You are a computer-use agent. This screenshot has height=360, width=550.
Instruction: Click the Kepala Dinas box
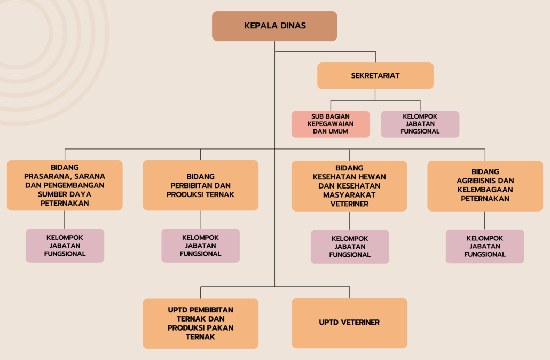pyautogui.click(x=274, y=26)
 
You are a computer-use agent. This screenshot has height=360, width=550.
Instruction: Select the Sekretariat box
pyautogui.click(x=375, y=76)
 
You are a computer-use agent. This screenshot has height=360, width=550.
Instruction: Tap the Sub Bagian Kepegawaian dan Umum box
pyautogui.click(x=331, y=124)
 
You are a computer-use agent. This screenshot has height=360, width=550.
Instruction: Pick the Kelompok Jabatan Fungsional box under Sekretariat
pyautogui.click(x=420, y=124)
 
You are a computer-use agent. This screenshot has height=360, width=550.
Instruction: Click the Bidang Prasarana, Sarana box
pyautogui.click(x=65, y=185)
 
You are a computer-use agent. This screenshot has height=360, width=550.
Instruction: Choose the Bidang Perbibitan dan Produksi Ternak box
pyautogui.click(x=201, y=185)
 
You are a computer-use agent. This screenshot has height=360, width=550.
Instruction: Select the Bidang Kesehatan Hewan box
pyautogui.click(x=349, y=186)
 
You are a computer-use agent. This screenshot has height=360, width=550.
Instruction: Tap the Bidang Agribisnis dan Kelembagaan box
pyautogui.click(x=485, y=186)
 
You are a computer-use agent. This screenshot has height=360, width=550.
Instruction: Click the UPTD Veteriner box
pyautogui.click(x=349, y=323)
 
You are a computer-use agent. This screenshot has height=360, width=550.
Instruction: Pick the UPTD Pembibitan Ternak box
pyautogui.click(x=201, y=324)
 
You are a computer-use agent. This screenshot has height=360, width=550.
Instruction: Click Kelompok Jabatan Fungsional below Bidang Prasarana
pyautogui.click(x=65, y=246)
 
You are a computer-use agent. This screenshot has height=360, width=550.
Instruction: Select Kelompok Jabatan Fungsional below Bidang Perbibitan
pyautogui.click(x=201, y=246)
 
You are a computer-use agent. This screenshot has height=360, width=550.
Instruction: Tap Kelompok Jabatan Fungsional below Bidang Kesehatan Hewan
pyautogui.click(x=350, y=247)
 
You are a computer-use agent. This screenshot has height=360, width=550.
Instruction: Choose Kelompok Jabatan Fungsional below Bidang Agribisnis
pyautogui.click(x=485, y=246)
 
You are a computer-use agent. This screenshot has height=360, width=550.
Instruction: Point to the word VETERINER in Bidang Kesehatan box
pyautogui.click(x=349, y=204)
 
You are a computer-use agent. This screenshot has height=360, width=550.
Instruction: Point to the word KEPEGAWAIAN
pyautogui.click(x=331, y=124)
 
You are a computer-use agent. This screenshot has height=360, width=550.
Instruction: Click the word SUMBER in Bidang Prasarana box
pyautogui.click(x=52, y=194)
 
